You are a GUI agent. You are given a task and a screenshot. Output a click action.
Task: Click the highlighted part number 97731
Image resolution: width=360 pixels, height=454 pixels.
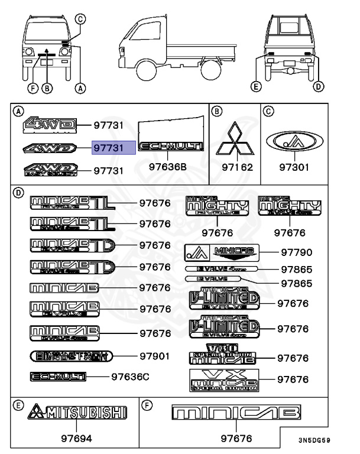click(x=113, y=147)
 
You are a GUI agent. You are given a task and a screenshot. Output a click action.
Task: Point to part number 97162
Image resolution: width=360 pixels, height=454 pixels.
click(x=236, y=167)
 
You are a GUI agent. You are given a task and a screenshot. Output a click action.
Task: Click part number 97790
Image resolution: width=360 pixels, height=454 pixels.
click(x=296, y=252)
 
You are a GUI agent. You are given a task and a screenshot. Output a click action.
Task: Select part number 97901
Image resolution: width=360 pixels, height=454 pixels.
click(x=154, y=356)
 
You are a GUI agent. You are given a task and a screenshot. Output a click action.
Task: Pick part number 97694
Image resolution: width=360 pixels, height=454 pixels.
click(x=77, y=439)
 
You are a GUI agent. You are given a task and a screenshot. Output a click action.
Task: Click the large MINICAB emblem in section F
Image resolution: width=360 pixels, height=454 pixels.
click(x=235, y=412)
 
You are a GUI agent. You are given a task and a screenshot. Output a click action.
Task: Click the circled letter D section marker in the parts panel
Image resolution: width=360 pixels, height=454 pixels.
click(x=18, y=192)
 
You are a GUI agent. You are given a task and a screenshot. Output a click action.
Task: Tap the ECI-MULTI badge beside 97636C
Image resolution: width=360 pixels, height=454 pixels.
click(x=58, y=376)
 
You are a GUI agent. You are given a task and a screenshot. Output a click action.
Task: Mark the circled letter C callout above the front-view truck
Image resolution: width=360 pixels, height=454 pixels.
click(x=82, y=19)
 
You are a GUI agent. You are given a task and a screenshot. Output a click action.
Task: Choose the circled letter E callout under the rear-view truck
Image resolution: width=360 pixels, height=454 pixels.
click(x=256, y=87)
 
